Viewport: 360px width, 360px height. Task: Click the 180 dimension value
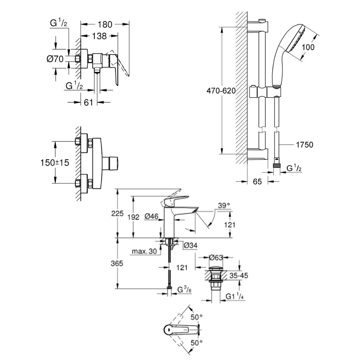pyautogui.click(x=104, y=24)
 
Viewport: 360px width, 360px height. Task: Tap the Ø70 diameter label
pyautogui.click(x=55, y=59)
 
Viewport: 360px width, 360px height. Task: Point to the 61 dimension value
pyautogui.click(x=88, y=103)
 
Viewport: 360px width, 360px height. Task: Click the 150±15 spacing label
pyautogui.click(x=54, y=163)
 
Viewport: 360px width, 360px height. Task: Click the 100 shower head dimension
pyautogui.click(x=308, y=47)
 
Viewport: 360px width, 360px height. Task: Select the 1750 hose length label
pyautogui.click(x=305, y=145)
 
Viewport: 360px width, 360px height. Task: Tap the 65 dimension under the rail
pyautogui.click(x=257, y=182)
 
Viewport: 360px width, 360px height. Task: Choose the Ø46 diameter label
pyautogui.click(x=152, y=216)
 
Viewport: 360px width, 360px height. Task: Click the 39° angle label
pyautogui.click(x=224, y=206)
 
